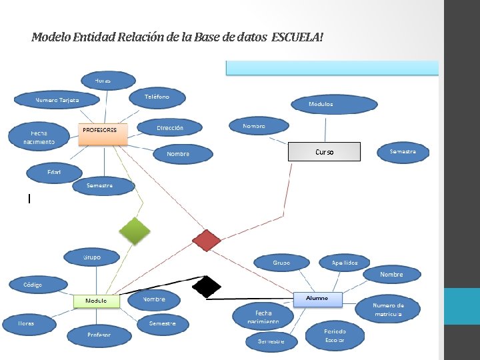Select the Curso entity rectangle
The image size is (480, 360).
coord(324,152)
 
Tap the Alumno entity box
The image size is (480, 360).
coord(317,299)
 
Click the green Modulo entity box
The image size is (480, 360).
coord(96,301)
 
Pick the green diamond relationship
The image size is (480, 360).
coord(135,231)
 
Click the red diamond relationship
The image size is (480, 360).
coord(206,240)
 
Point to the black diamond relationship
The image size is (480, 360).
coord(207,286)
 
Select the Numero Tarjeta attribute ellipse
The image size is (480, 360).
coord(57,100)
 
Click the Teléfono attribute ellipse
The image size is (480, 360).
coord(157,97)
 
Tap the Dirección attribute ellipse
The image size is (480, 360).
coord(170,127)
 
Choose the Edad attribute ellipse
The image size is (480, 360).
coord(54,173)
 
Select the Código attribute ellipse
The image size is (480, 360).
coord(33,285)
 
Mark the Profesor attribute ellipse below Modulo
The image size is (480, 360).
coord(99,335)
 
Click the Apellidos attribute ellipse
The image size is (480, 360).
coord(345,263)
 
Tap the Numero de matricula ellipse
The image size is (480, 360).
coord(388,310)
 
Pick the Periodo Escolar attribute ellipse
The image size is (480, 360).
coord(335,335)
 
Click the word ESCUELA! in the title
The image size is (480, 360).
coord(297,36)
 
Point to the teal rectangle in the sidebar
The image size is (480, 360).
coord(462,306)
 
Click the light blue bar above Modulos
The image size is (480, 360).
coord(332,68)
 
